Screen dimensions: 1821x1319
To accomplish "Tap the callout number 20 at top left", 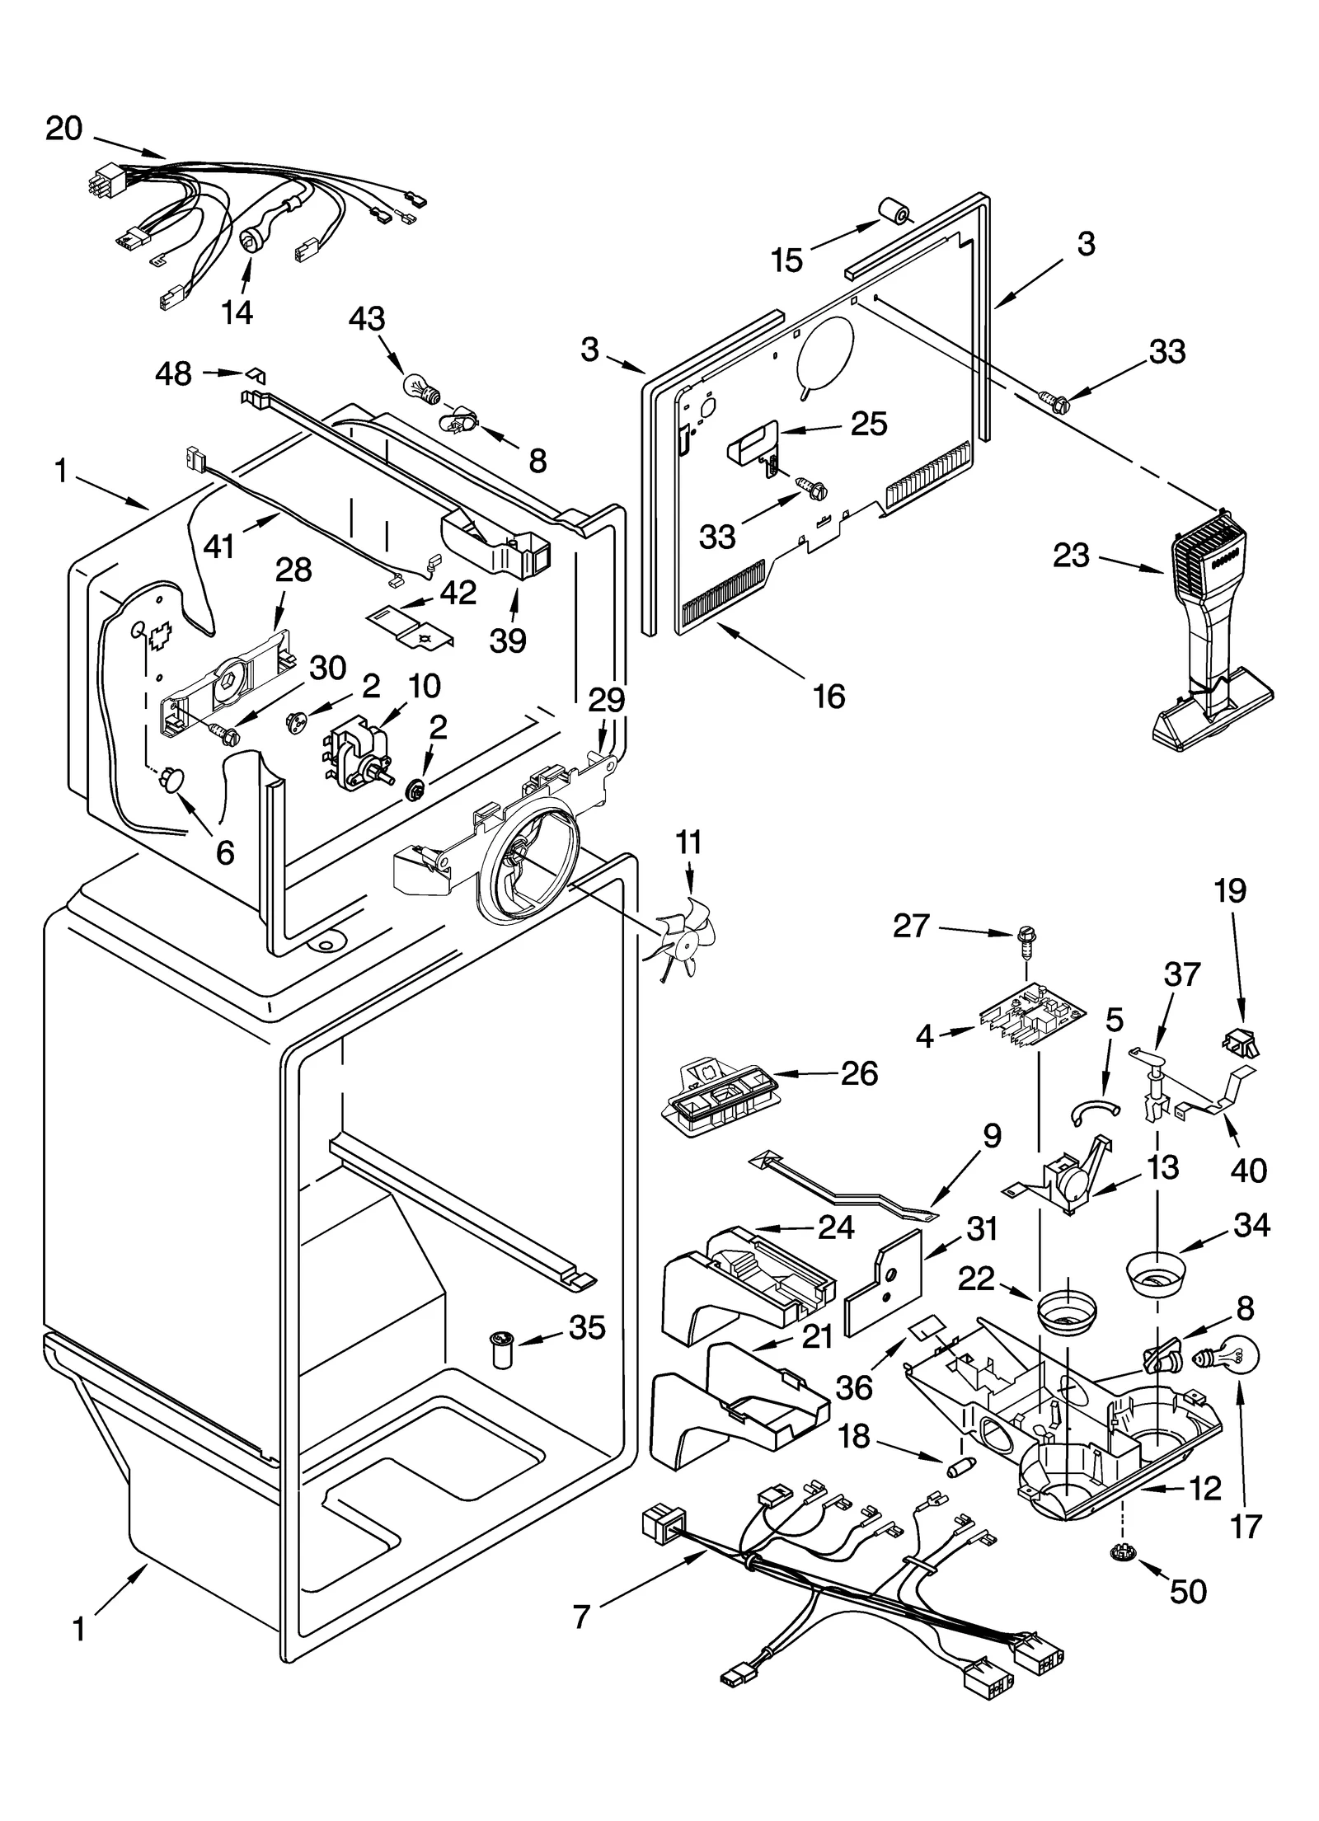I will pyautogui.click(x=64, y=129).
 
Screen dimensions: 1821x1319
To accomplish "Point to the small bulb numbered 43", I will pyautogui.click(x=417, y=386).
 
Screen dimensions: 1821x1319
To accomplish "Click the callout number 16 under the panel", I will pyautogui.click(x=828, y=697).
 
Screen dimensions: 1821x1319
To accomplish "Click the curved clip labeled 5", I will pyautogui.click(x=1096, y=1110).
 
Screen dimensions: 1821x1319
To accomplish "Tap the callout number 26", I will pyautogui.click(x=858, y=1073).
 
